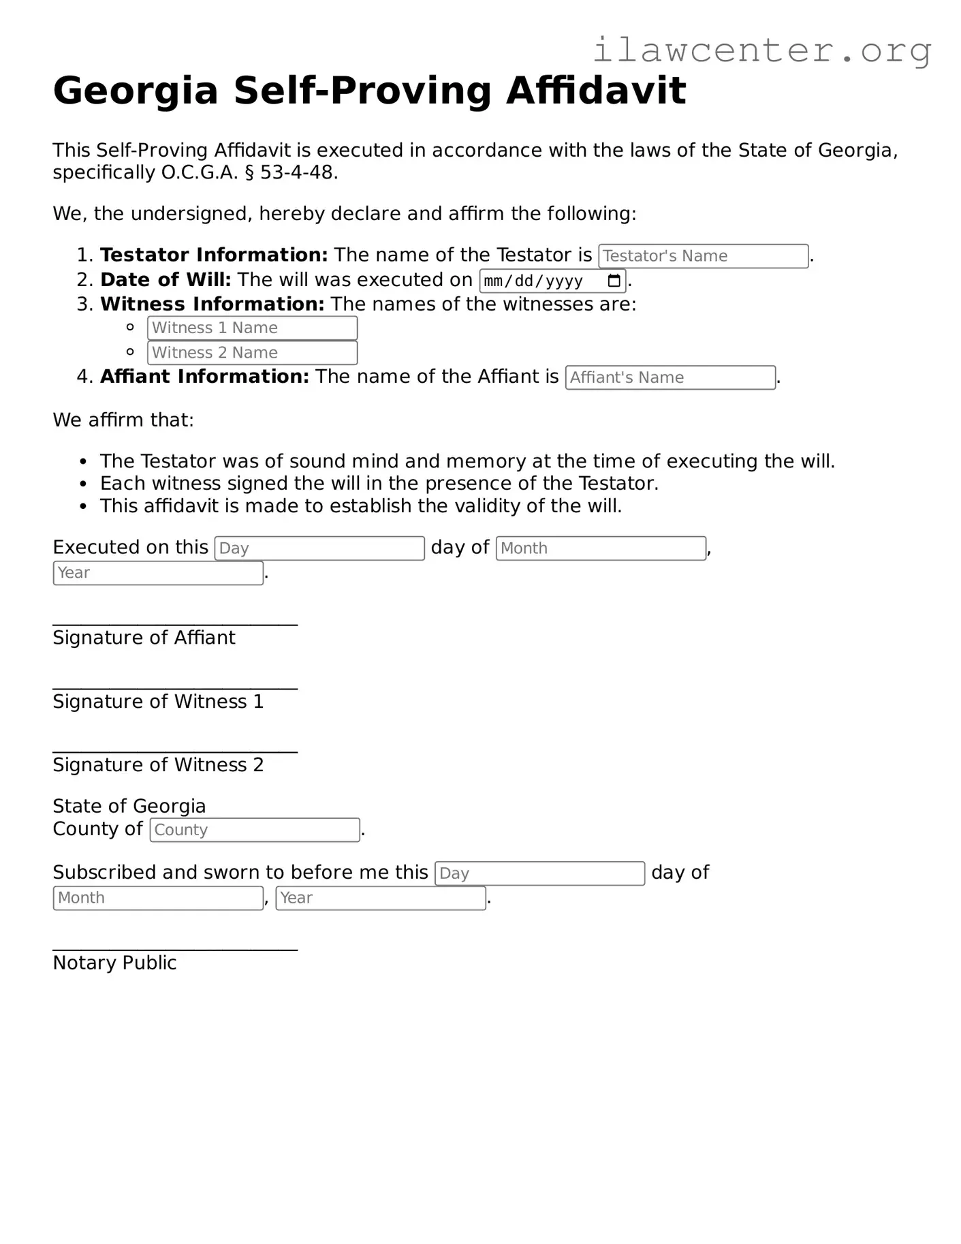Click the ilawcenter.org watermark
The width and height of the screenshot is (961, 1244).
(x=761, y=51)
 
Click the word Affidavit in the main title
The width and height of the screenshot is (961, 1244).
(x=596, y=91)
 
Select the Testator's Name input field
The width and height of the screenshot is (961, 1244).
(x=703, y=256)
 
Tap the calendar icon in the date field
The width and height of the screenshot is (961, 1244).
(x=614, y=281)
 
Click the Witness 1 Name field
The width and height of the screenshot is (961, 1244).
(x=252, y=328)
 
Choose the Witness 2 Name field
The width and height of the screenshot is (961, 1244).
(x=252, y=353)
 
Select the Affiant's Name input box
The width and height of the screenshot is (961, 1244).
(x=670, y=377)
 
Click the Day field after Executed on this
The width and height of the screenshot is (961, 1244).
(x=319, y=548)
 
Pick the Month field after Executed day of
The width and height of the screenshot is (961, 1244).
(x=601, y=548)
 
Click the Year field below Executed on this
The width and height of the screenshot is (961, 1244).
(x=158, y=573)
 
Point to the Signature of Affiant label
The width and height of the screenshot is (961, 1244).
(x=144, y=638)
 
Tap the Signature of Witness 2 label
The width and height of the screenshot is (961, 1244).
(x=158, y=765)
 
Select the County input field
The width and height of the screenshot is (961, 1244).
(x=255, y=830)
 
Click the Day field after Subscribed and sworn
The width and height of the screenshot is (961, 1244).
(x=539, y=873)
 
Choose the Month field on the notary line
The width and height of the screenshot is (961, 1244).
(x=158, y=898)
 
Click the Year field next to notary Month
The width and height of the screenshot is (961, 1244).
(x=381, y=898)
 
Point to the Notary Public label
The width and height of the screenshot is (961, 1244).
(x=114, y=963)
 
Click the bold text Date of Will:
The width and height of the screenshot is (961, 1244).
(x=166, y=280)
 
